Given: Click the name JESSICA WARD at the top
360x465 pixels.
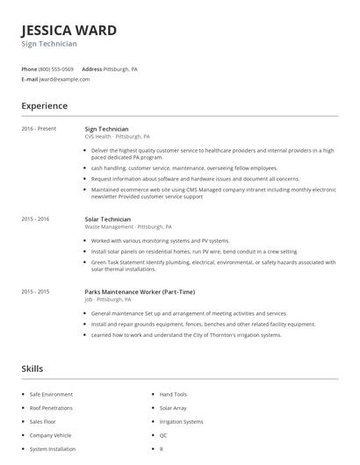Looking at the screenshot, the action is [x=68, y=30].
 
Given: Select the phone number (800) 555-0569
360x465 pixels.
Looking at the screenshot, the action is [x=56, y=68].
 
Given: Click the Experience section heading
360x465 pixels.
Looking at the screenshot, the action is [x=44, y=106].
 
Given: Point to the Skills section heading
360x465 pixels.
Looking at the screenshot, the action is [x=32, y=368].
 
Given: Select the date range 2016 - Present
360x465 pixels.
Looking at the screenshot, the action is [x=39, y=129].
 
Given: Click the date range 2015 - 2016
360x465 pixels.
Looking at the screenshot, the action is [x=35, y=218].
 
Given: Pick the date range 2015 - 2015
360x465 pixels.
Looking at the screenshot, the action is [x=35, y=291].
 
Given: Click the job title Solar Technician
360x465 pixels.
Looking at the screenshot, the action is [x=107, y=218].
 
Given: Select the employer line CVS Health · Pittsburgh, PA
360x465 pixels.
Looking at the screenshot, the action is [x=117, y=137].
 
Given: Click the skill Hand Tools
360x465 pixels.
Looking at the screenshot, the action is [x=173, y=395].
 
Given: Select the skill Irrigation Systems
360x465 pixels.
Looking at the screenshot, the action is [x=181, y=422].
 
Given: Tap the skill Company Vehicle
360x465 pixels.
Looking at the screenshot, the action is [x=50, y=435].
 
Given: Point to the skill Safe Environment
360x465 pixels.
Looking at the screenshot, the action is [x=52, y=395].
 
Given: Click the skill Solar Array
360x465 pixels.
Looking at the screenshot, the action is [x=173, y=408].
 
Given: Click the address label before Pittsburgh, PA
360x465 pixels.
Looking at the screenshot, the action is [x=91, y=68].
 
